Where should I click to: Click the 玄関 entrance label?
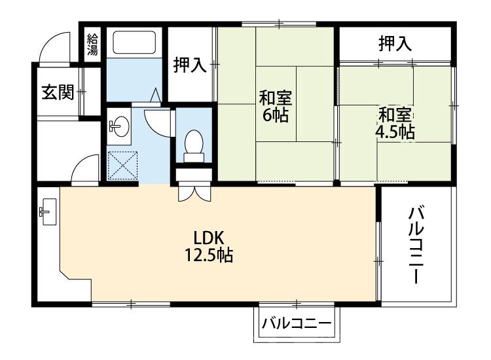tap(58, 92)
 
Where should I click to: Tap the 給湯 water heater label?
tap(92, 43)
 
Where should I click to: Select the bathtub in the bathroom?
tap(134, 43)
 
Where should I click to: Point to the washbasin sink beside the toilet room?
tap(120, 125)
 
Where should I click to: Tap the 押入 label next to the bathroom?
tap(190, 65)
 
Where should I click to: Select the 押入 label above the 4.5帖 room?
tap(395, 44)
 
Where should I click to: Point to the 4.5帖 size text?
tap(395, 131)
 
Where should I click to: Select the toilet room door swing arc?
tap(158, 121)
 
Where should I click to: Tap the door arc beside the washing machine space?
tap(84, 168)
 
